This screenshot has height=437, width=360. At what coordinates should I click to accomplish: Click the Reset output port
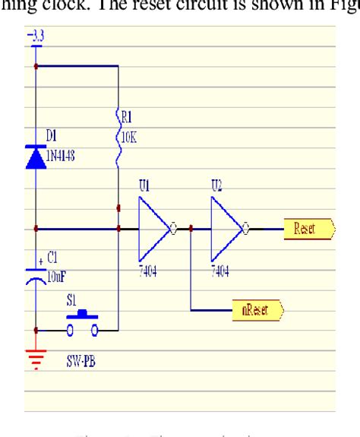coord(308,228)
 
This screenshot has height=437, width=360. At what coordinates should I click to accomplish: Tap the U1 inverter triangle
coord(154,228)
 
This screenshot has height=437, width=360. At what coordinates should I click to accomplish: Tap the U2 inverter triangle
coord(226,228)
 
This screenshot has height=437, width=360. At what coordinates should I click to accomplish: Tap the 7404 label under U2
coord(220,271)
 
